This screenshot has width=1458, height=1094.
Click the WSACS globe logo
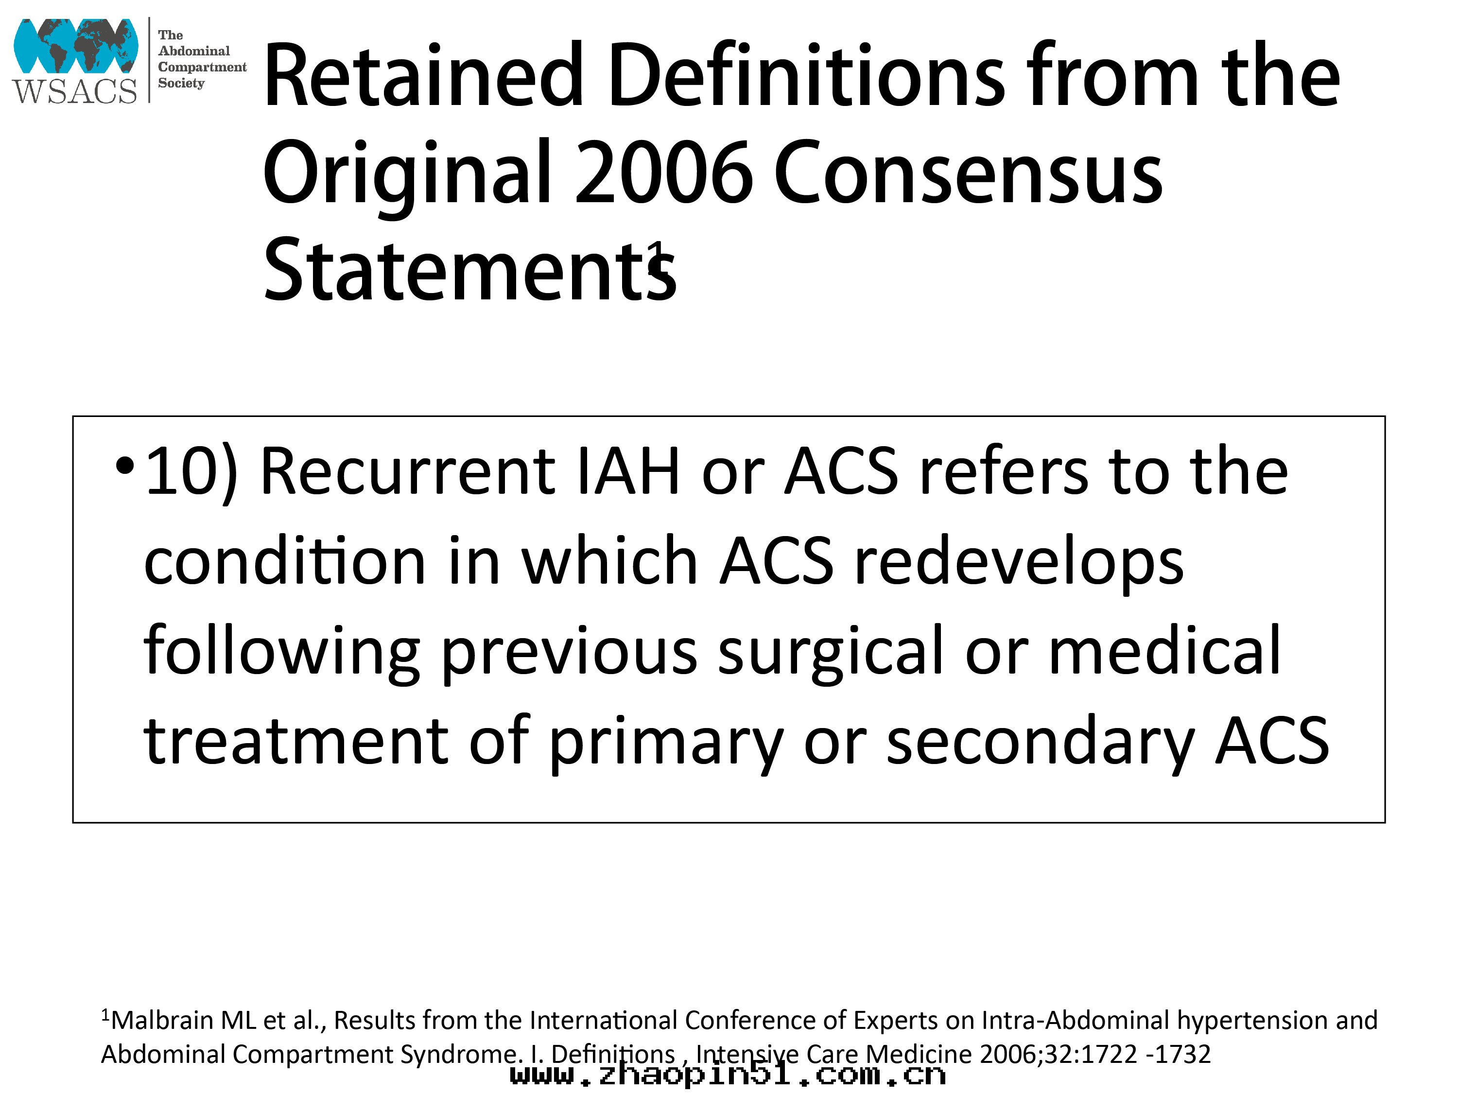pyautogui.click(x=76, y=46)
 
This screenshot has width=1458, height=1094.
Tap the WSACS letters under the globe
pyautogui.click(x=74, y=90)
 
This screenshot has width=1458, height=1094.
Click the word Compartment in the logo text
pyautogui.click(x=202, y=67)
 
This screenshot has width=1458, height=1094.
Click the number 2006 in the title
pyautogui.click(x=664, y=173)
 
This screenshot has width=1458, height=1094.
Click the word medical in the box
pyautogui.click(x=1164, y=650)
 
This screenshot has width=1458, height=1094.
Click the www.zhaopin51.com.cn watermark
pyautogui.click(x=728, y=1076)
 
